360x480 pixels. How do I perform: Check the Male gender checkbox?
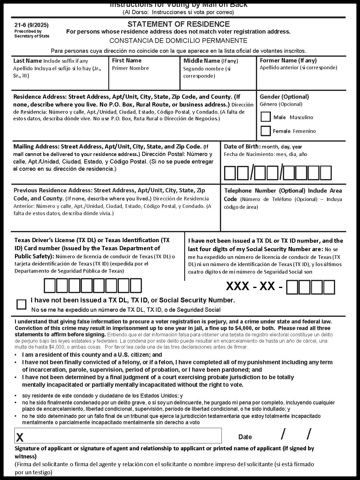pyautogui.click(x=265, y=117)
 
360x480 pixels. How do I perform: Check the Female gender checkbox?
pyautogui.click(x=265, y=131)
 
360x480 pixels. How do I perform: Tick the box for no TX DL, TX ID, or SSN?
pyautogui.click(x=21, y=304)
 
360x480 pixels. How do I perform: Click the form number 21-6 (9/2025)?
pyautogui.click(x=31, y=25)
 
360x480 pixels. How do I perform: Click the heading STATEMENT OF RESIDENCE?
pyautogui.click(x=178, y=24)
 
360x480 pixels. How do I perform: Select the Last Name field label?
pyautogui.click(x=28, y=61)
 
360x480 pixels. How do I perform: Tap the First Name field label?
pyautogui.click(x=127, y=60)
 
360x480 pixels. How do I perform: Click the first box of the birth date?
pyautogui.click(x=230, y=173)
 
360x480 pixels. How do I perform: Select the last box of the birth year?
pyautogui.click(x=326, y=173)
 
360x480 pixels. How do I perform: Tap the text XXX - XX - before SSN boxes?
pyautogui.click(x=254, y=286)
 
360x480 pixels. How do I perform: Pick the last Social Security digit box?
pyautogui.click(x=329, y=287)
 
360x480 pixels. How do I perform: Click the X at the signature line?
pyautogui.click(x=20, y=437)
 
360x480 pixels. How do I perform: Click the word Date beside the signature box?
pyautogui.click(x=245, y=437)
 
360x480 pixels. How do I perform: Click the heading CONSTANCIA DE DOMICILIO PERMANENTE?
pyautogui.click(x=178, y=40)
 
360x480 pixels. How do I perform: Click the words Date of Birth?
pyautogui.click(x=242, y=146)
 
